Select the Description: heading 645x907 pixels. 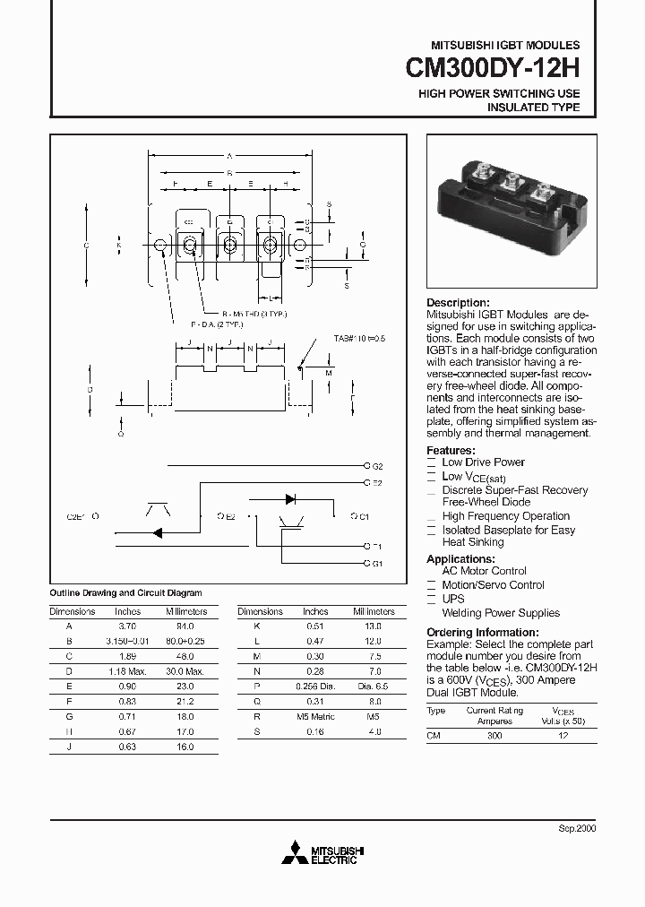[458, 303]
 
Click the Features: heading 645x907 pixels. [451, 450]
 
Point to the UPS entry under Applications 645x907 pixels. [453, 599]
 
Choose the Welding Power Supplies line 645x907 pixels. [501, 613]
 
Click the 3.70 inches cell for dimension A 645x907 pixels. [128, 627]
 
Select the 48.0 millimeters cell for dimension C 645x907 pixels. [185, 656]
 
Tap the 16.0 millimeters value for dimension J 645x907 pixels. [185, 747]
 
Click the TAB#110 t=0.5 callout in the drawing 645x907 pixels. [360, 339]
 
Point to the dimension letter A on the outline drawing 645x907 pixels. [229, 156]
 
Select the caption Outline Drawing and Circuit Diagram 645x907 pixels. [125, 593]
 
